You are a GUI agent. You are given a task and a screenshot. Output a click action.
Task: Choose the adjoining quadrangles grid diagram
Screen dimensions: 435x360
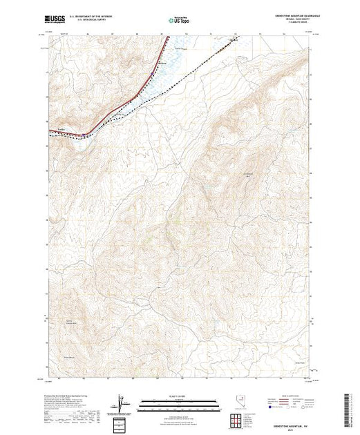pyautogui.click(x=122, y=421)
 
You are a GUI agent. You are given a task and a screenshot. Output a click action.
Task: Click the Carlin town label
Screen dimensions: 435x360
pyautogui.click(x=60, y=128)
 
